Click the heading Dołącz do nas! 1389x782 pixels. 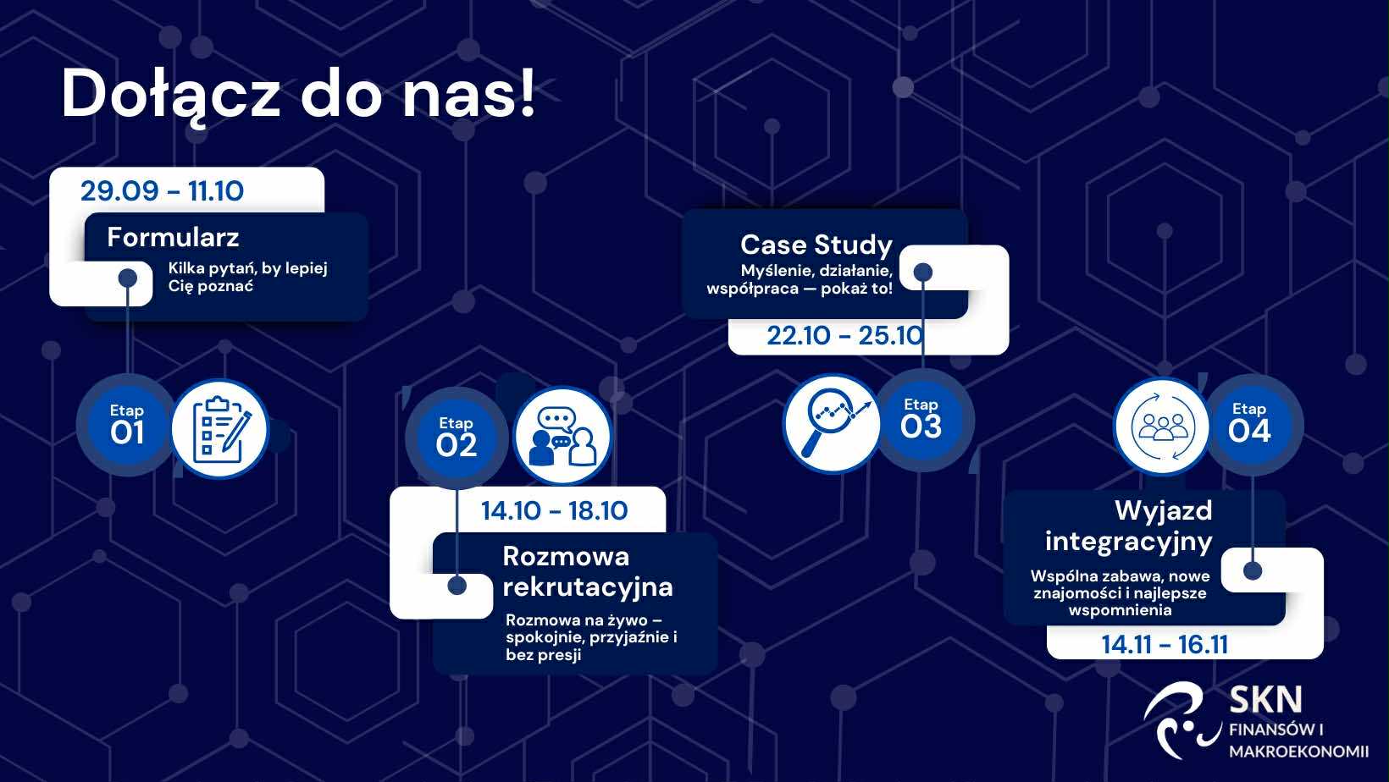click(x=297, y=95)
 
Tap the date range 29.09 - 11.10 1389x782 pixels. click(x=162, y=191)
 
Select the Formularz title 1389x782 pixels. click(x=173, y=237)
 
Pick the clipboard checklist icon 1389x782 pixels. click(x=220, y=429)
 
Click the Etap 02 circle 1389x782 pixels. click(x=457, y=438)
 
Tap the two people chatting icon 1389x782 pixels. click(x=562, y=436)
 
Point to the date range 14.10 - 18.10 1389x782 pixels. click(x=555, y=510)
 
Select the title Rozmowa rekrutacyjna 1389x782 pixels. click(x=587, y=571)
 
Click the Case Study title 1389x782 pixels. click(x=816, y=245)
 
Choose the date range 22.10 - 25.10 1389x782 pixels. click(x=845, y=336)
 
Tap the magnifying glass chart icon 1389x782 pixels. click(x=832, y=423)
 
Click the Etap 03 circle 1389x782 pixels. click(x=922, y=421)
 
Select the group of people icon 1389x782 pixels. click(x=1162, y=427)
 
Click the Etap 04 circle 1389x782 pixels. click(x=1250, y=425)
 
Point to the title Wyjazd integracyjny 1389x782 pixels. click(x=1128, y=526)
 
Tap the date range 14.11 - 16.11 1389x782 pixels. click(x=1165, y=644)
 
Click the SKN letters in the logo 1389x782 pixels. click(x=1265, y=700)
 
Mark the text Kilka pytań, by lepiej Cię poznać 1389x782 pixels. click(x=247, y=277)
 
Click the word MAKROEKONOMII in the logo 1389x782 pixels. click(x=1298, y=752)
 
